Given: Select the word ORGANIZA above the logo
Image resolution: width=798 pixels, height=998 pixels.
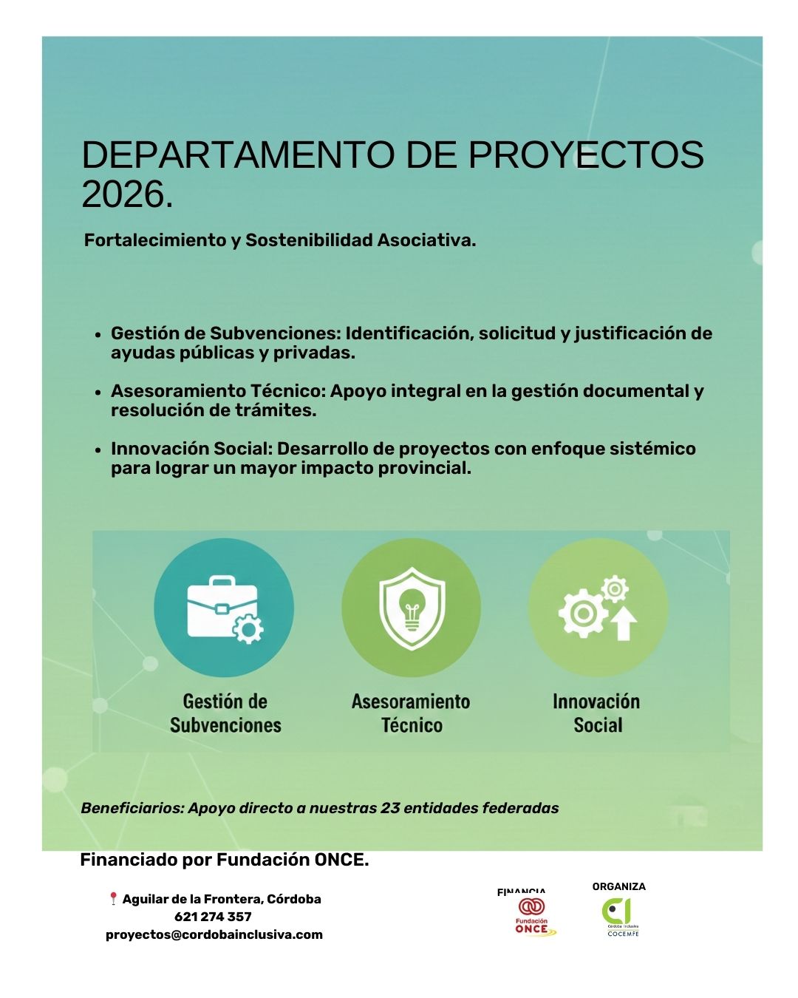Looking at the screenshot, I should click(x=618, y=886).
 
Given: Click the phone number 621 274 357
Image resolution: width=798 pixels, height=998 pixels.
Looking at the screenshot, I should click(x=213, y=917).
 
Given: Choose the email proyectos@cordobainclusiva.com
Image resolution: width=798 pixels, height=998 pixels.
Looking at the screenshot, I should click(x=214, y=934).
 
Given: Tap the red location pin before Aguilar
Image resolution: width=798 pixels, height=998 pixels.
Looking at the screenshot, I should click(x=113, y=899).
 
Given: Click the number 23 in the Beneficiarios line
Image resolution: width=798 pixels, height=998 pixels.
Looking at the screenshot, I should click(x=389, y=808).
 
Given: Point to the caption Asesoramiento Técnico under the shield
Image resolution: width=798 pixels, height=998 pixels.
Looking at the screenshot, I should click(x=411, y=713).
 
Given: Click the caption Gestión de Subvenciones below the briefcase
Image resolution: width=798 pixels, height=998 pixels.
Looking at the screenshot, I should click(x=225, y=713).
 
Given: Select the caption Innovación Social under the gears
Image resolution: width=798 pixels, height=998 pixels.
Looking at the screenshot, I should click(x=596, y=713).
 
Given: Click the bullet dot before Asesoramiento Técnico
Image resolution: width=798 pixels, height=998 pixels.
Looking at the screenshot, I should click(x=98, y=393).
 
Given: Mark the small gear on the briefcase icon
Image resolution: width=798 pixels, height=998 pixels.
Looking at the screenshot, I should click(x=248, y=630).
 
